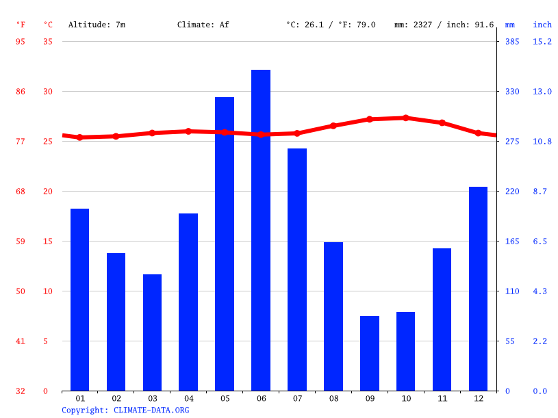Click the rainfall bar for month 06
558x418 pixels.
(x=261, y=230)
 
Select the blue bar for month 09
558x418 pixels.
(x=370, y=353)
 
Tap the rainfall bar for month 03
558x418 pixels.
(x=152, y=332)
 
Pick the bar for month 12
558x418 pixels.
(x=478, y=289)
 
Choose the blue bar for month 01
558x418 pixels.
(x=80, y=300)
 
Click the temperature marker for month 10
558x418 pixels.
(x=406, y=118)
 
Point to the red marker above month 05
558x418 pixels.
(x=225, y=132)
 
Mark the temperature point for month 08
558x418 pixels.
(x=333, y=126)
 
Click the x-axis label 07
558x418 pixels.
(x=297, y=398)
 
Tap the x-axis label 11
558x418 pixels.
(x=442, y=398)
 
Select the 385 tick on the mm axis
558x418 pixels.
(x=512, y=42)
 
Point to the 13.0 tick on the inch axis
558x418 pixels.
(x=542, y=92)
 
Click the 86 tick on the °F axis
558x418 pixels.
(x=21, y=92)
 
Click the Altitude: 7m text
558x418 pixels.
(x=97, y=25)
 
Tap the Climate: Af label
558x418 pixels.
(x=203, y=25)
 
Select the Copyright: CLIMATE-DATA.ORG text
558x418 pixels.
(x=125, y=410)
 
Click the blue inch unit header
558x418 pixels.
(x=542, y=25)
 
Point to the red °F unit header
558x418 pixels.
(x=21, y=25)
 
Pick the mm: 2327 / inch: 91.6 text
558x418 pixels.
(x=444, y=25)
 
